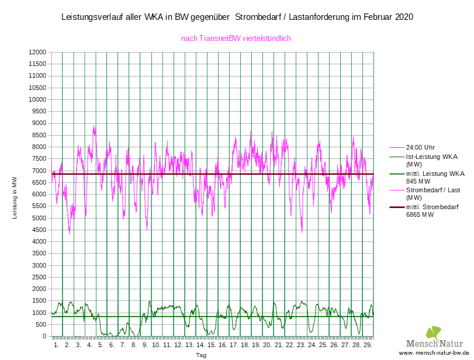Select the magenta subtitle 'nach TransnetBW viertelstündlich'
coord(236,39)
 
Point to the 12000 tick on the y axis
coord(37,52)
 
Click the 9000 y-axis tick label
coord(39,123)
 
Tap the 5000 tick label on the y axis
coord(39,218)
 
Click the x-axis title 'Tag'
coord(201,355)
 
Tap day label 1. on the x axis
coord(57,345)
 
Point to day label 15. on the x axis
coord(212,345)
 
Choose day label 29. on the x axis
coord(367,345)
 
